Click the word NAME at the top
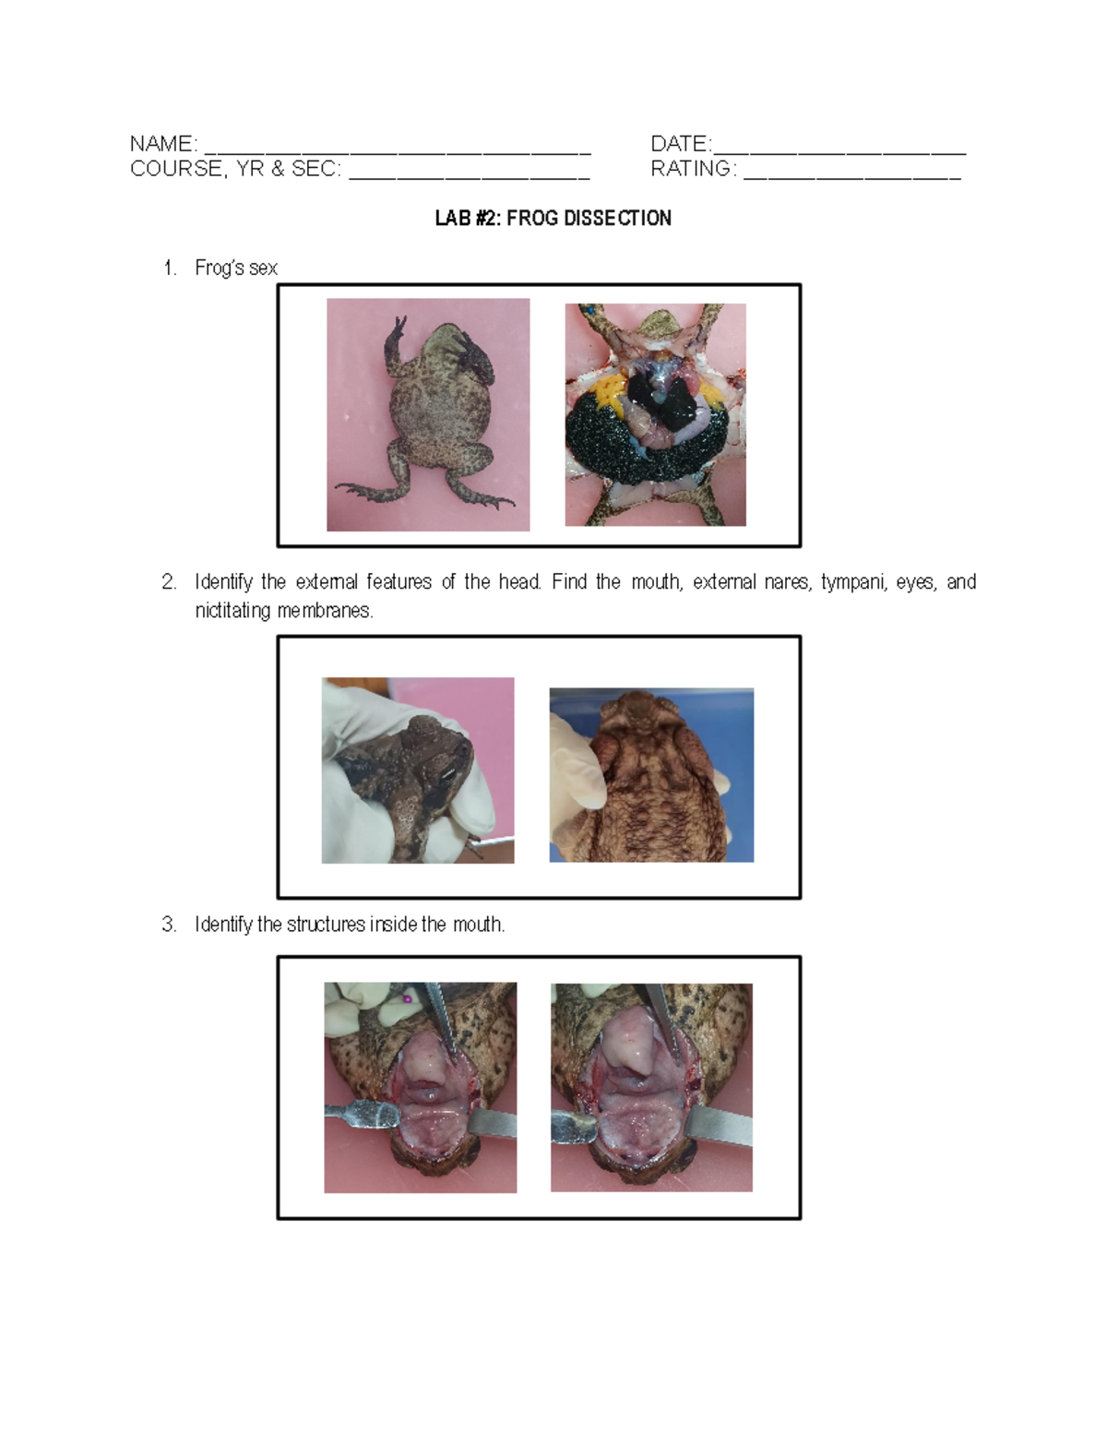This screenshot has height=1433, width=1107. tap(161, 144)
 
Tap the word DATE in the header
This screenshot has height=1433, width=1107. tap(679, 144)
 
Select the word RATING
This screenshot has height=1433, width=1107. tap(691, 169)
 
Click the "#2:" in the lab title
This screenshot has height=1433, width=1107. tap(488, 219)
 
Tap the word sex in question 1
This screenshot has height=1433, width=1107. tap(263, 269)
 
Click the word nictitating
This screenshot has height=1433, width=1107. tap(233, 611)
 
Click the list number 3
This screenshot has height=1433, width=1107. tap(168, 925)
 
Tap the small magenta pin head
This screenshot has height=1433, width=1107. tap(406, 998)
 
